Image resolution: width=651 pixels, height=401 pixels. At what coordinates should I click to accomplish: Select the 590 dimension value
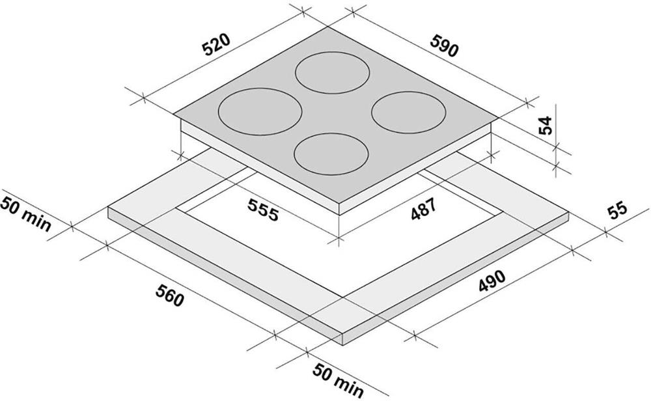click(x=444, y=46)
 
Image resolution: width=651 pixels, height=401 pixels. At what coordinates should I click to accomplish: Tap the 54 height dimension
click(x=546, y=126)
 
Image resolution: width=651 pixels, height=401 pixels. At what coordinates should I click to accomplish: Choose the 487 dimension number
click(x=424, y=209)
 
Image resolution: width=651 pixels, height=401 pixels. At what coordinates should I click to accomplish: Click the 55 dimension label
click(x=617, y=211)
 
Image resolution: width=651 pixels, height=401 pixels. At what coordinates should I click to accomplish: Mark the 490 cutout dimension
click(x=492, y=281)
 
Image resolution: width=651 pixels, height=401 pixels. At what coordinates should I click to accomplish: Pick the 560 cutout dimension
click(x=169, y=295)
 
